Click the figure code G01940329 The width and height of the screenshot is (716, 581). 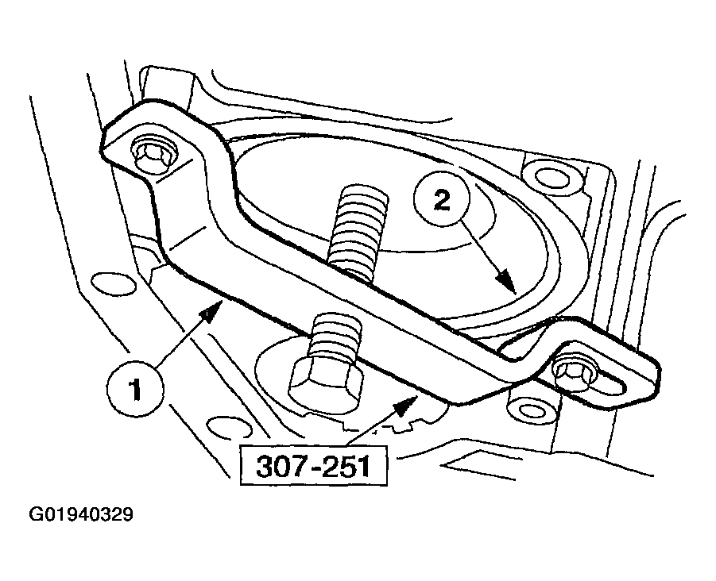coord(81,515)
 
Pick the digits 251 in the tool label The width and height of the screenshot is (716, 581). coord(347,465)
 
